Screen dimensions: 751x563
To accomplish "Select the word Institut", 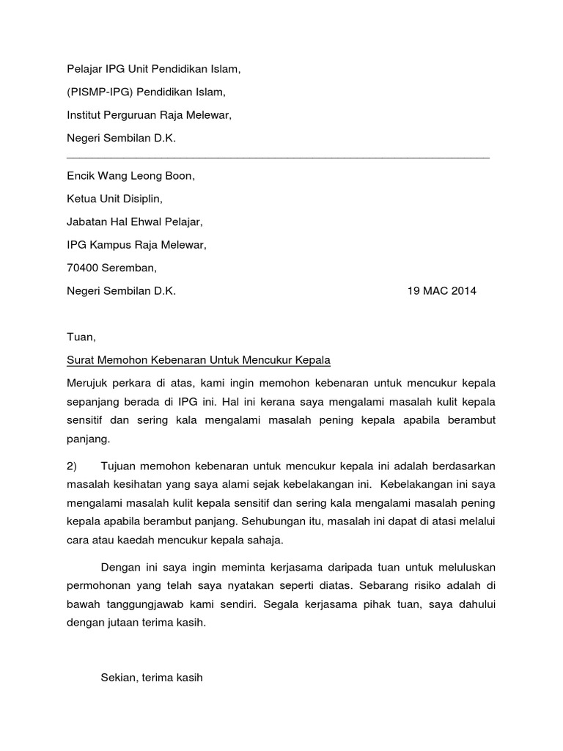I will (84, 115).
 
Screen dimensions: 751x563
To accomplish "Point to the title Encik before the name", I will (81, 176).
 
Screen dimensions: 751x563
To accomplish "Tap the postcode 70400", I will (82, 268).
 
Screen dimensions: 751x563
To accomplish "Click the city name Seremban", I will (129, 268).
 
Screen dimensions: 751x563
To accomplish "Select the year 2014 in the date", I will (462, 290).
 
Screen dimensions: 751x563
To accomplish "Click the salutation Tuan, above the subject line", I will (81, 337).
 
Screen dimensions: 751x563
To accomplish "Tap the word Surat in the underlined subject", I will (81, 360).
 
